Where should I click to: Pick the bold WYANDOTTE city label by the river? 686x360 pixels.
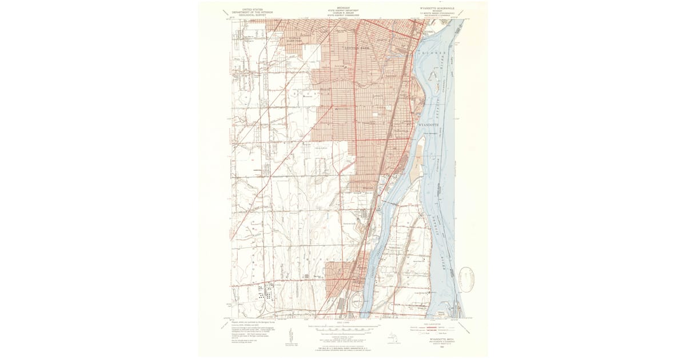pos(431,124)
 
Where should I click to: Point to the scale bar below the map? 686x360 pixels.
pos(343,329)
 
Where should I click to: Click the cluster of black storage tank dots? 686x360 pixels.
pos(264,295)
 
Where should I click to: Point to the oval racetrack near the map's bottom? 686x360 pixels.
pos(355,300)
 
